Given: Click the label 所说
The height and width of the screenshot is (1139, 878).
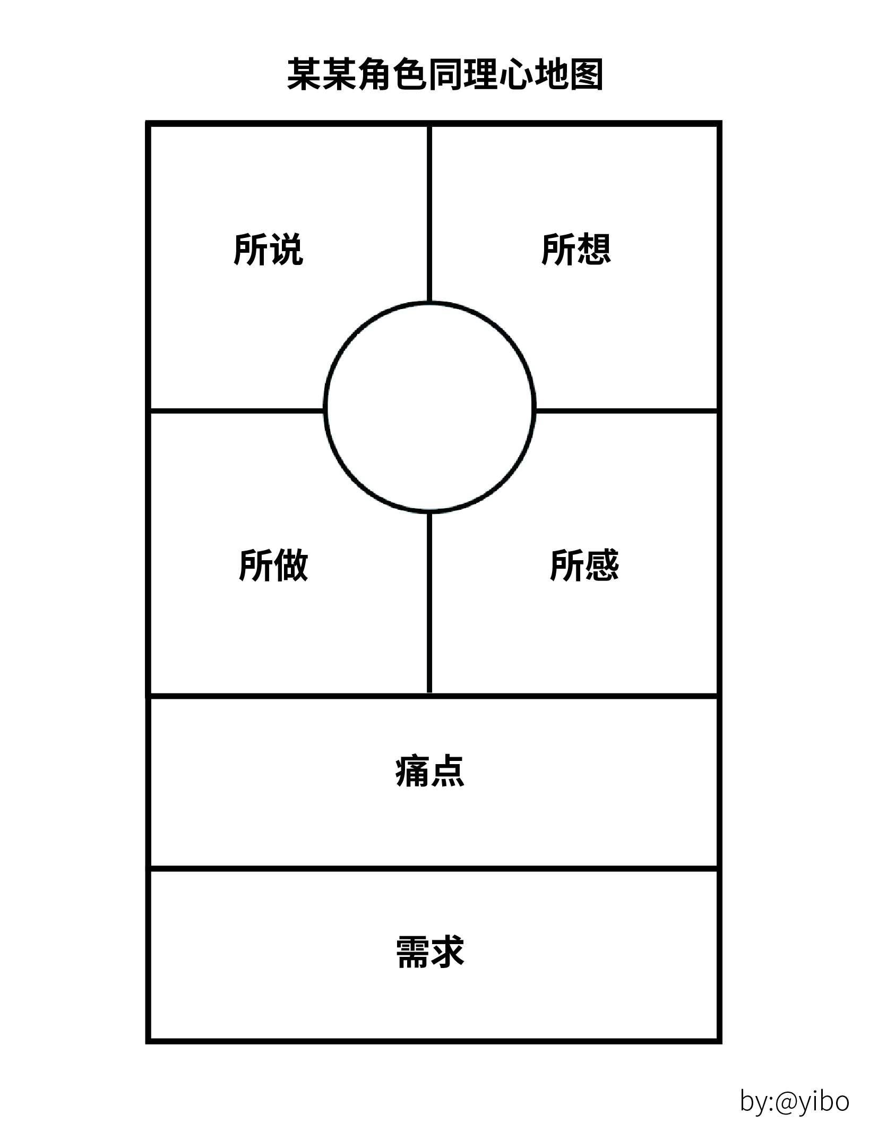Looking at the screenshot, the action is (268, 249).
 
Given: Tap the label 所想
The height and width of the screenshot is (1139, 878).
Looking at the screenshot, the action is (576, 249).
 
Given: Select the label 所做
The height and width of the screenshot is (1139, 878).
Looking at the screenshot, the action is (273, 565).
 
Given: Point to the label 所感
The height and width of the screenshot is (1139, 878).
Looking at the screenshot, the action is (584, 565).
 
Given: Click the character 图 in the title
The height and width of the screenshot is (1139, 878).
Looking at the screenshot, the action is (586, 75).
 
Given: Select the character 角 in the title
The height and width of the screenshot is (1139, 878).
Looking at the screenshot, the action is (375, 75).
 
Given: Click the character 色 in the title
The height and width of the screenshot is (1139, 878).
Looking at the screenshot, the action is (410, 75).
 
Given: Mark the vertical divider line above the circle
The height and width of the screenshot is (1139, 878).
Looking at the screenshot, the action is (429, 212).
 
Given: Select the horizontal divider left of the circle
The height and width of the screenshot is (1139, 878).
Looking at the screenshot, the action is (236, 410).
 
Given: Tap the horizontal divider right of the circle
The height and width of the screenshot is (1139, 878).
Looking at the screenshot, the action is (626, 410).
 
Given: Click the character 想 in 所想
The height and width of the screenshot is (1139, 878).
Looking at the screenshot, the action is (593, 249).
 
